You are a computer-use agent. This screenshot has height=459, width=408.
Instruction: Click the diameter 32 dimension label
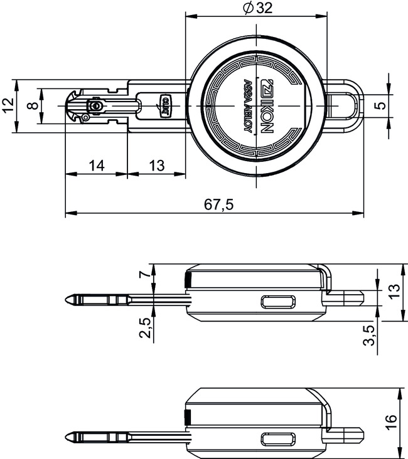point(256,8)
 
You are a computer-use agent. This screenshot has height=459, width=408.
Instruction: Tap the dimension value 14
point(96,166)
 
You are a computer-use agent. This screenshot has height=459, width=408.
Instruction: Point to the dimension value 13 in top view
point(156,166)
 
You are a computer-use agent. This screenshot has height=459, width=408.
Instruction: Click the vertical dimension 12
point(8,105)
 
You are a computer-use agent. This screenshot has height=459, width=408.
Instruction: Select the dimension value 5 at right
point(379,105)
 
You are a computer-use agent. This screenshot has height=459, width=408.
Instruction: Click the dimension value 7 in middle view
point(144,274)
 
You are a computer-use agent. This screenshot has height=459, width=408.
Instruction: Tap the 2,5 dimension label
point(145,328)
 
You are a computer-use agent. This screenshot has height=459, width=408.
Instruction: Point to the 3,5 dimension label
point(370,334)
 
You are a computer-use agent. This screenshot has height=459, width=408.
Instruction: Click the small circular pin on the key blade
point(95,107)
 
